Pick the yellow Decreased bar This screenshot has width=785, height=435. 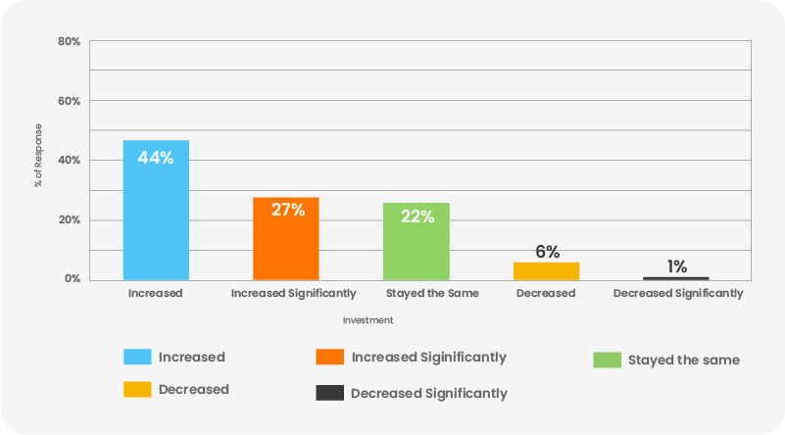coord(547,270)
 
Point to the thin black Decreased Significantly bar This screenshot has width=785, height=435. coord(676,278)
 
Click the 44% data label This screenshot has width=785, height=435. coord(156,158)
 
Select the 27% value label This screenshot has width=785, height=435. coord(286,210)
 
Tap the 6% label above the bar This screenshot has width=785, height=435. coord(547,252)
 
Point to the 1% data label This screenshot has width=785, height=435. coord(676,266)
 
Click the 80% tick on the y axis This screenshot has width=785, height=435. coord(69,42)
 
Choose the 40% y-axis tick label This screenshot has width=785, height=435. coord(69,161)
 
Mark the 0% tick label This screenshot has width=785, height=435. coord(72,279)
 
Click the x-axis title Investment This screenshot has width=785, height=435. coord(368,320)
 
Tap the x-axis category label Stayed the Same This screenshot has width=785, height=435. coord(417,293)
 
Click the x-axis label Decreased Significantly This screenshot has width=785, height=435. coord(677,293)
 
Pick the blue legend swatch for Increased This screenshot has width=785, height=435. coord(137,357)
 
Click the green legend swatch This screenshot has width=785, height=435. coord(608,360)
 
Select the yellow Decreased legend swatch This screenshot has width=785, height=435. coord(137,389)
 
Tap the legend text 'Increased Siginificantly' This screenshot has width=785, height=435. coord(428,357)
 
